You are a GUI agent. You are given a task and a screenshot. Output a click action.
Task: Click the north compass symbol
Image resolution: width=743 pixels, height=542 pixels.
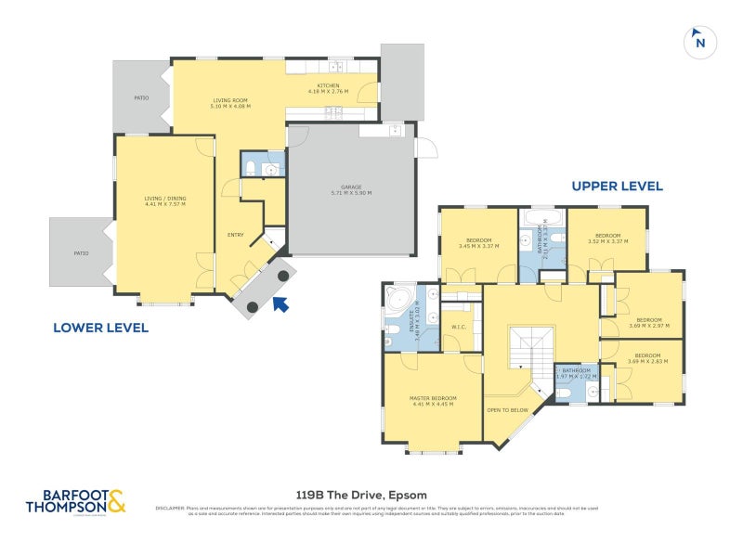(x=699, y=42)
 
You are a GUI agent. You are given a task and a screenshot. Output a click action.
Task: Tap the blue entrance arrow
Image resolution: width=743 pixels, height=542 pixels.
(x=281, y=303)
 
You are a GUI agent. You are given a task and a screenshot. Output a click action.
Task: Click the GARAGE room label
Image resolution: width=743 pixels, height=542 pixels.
(x=351, y=190)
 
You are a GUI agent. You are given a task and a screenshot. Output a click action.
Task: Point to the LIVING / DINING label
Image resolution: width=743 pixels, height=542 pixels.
(x=164, y=200)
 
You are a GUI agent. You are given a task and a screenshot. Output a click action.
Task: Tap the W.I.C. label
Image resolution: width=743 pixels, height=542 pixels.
(x=458, y=326)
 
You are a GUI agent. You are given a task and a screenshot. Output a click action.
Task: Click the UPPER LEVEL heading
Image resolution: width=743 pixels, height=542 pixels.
(x=617, y=187)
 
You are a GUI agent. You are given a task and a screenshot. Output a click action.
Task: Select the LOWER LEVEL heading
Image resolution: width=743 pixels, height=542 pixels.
(x=101, y=328)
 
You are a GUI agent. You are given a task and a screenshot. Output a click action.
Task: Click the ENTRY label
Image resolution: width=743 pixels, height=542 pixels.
(x=235, y=235)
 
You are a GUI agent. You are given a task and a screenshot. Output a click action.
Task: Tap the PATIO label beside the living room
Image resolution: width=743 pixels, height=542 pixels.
(x=141, y=97)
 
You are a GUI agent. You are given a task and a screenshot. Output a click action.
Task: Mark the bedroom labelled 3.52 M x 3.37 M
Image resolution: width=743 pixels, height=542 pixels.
(x=606, y=238)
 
